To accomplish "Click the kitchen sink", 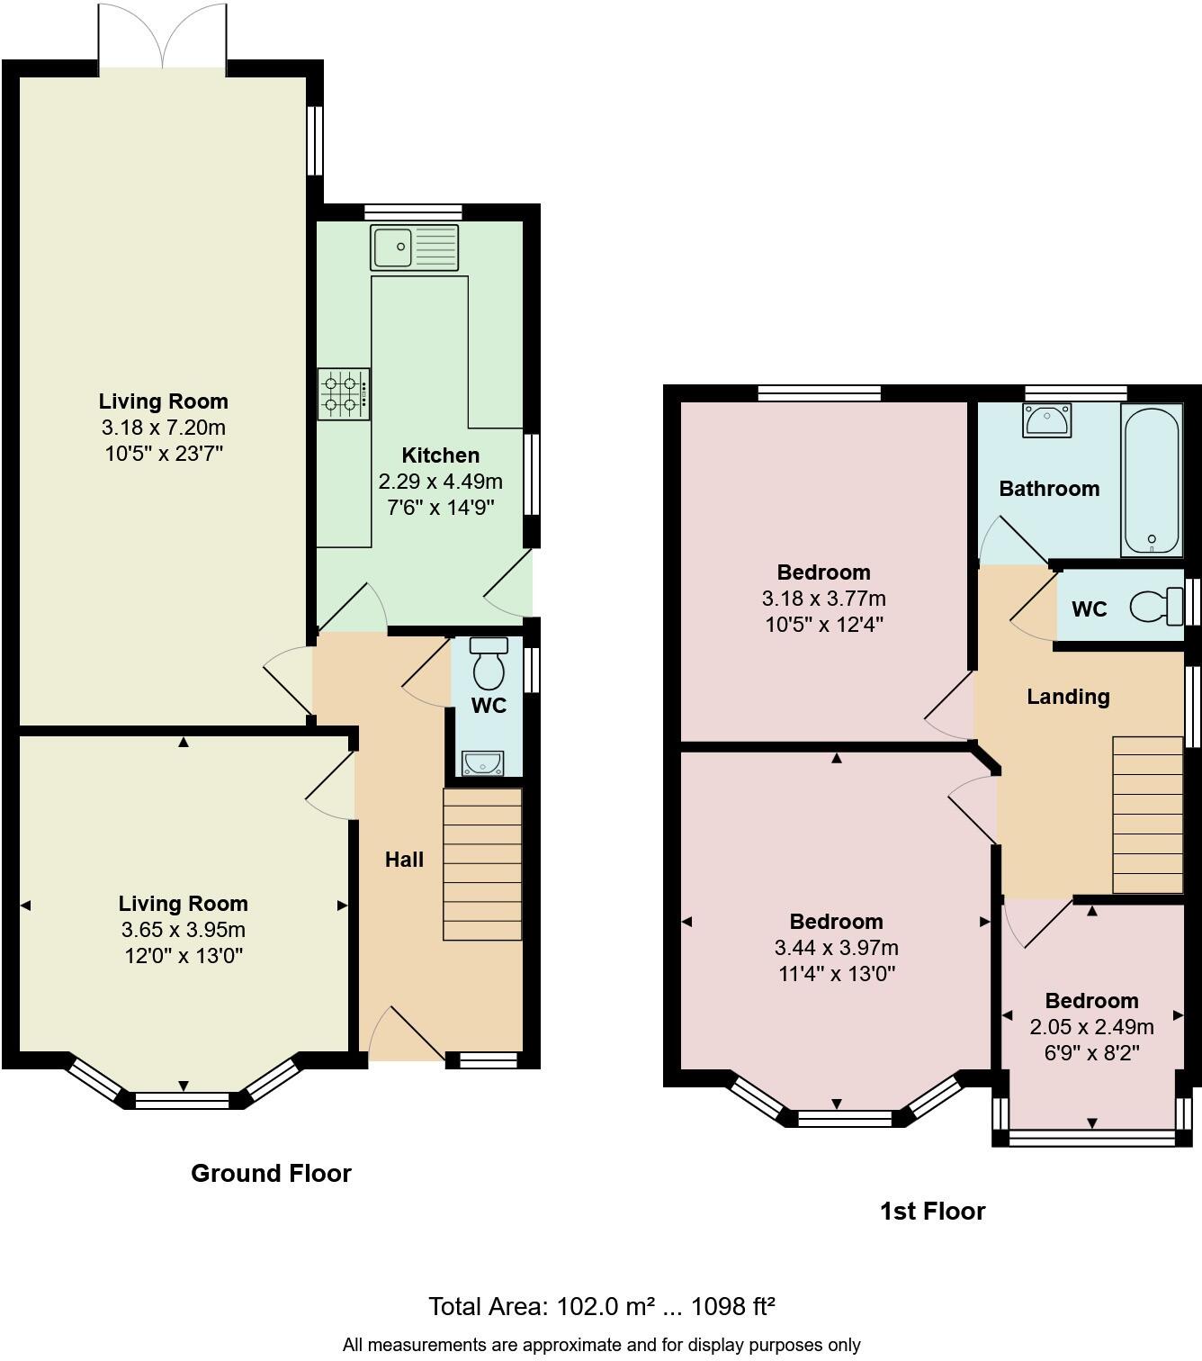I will pyautogui.click(x=414, y=247).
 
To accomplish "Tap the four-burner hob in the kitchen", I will pyautogui.click(x=343, y=394).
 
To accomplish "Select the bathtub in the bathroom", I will pyautogui.click(x=1151, y=480).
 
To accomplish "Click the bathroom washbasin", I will pyautogui.click(x=1046, y=419).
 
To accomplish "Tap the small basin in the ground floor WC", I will pyautogui.click(x=483, y=763).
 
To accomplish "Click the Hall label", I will pyautogui.click(x=404, y=860).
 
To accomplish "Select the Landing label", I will pyautogui.click(x=1068, y=697).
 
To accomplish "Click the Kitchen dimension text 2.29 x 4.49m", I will pyautogui.click(x=440, y=482).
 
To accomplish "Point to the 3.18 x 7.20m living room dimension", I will pyautogui.click(x=163, y=428).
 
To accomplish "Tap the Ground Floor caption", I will pyautogui.click(x=271, y=1173).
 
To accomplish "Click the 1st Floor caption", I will pyautogui.click(x=932, y=1211).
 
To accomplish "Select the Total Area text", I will pyautogui.click(x=601, y=1306).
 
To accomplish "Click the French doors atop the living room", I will pyautogui.click(x=162, y=36).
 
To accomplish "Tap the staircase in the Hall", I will pyautogui.click(x=482, y=864).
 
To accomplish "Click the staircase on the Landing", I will pyautogui.click(x=1147, y=815).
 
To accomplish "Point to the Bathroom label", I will pyautogui.click(x=1049, y=489).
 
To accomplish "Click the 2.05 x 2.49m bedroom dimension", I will pyautogui.click(x=1091, y=1027).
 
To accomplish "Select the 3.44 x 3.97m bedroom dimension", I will pyautogui.click(x=836, y=948).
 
